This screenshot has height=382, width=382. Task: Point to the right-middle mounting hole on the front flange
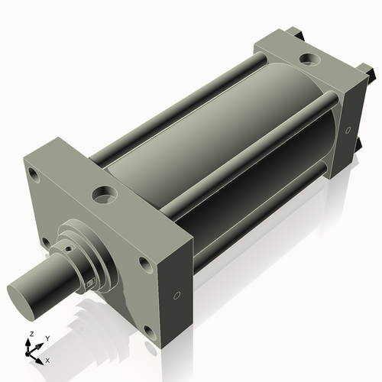tap(144, 264)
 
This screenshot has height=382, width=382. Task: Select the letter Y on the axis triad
tap(47, 338)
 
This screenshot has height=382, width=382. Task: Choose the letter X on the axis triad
tap(47, 359)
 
